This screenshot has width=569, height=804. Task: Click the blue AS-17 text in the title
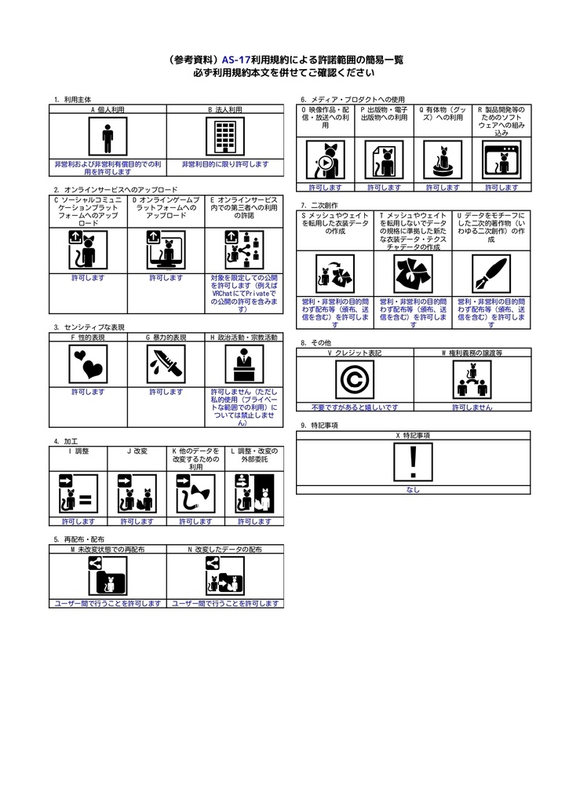pos(236,60)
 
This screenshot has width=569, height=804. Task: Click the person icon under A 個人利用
pos(108,138)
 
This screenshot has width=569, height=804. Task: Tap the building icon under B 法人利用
pos(225,138)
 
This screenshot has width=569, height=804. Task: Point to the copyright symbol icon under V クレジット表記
pos(355,380)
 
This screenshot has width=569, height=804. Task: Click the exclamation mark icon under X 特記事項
pos(413,462)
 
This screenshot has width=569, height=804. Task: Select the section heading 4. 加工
pos(65,442)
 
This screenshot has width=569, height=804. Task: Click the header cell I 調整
pos(78,451)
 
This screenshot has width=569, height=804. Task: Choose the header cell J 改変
pos(137,451)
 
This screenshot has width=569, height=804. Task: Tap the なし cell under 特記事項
pos(413,490)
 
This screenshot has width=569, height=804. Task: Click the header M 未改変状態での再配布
pos(108,550)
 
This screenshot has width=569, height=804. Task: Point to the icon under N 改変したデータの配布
pos(225,577)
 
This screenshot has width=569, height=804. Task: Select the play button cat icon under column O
pos(325,161)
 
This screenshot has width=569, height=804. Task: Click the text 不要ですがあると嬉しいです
pos(355,407)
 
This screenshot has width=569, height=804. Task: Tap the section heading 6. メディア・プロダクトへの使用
pos(352,100)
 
